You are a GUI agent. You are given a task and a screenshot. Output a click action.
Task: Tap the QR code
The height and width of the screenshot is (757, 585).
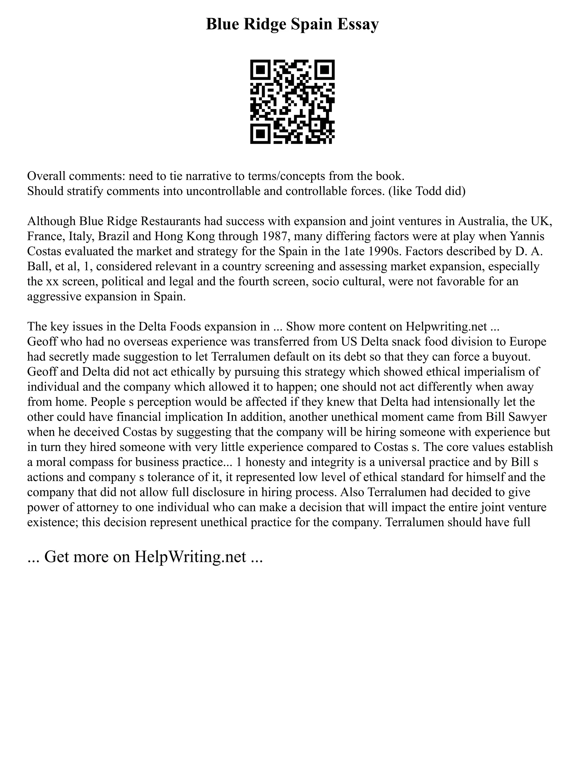(292, 102)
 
